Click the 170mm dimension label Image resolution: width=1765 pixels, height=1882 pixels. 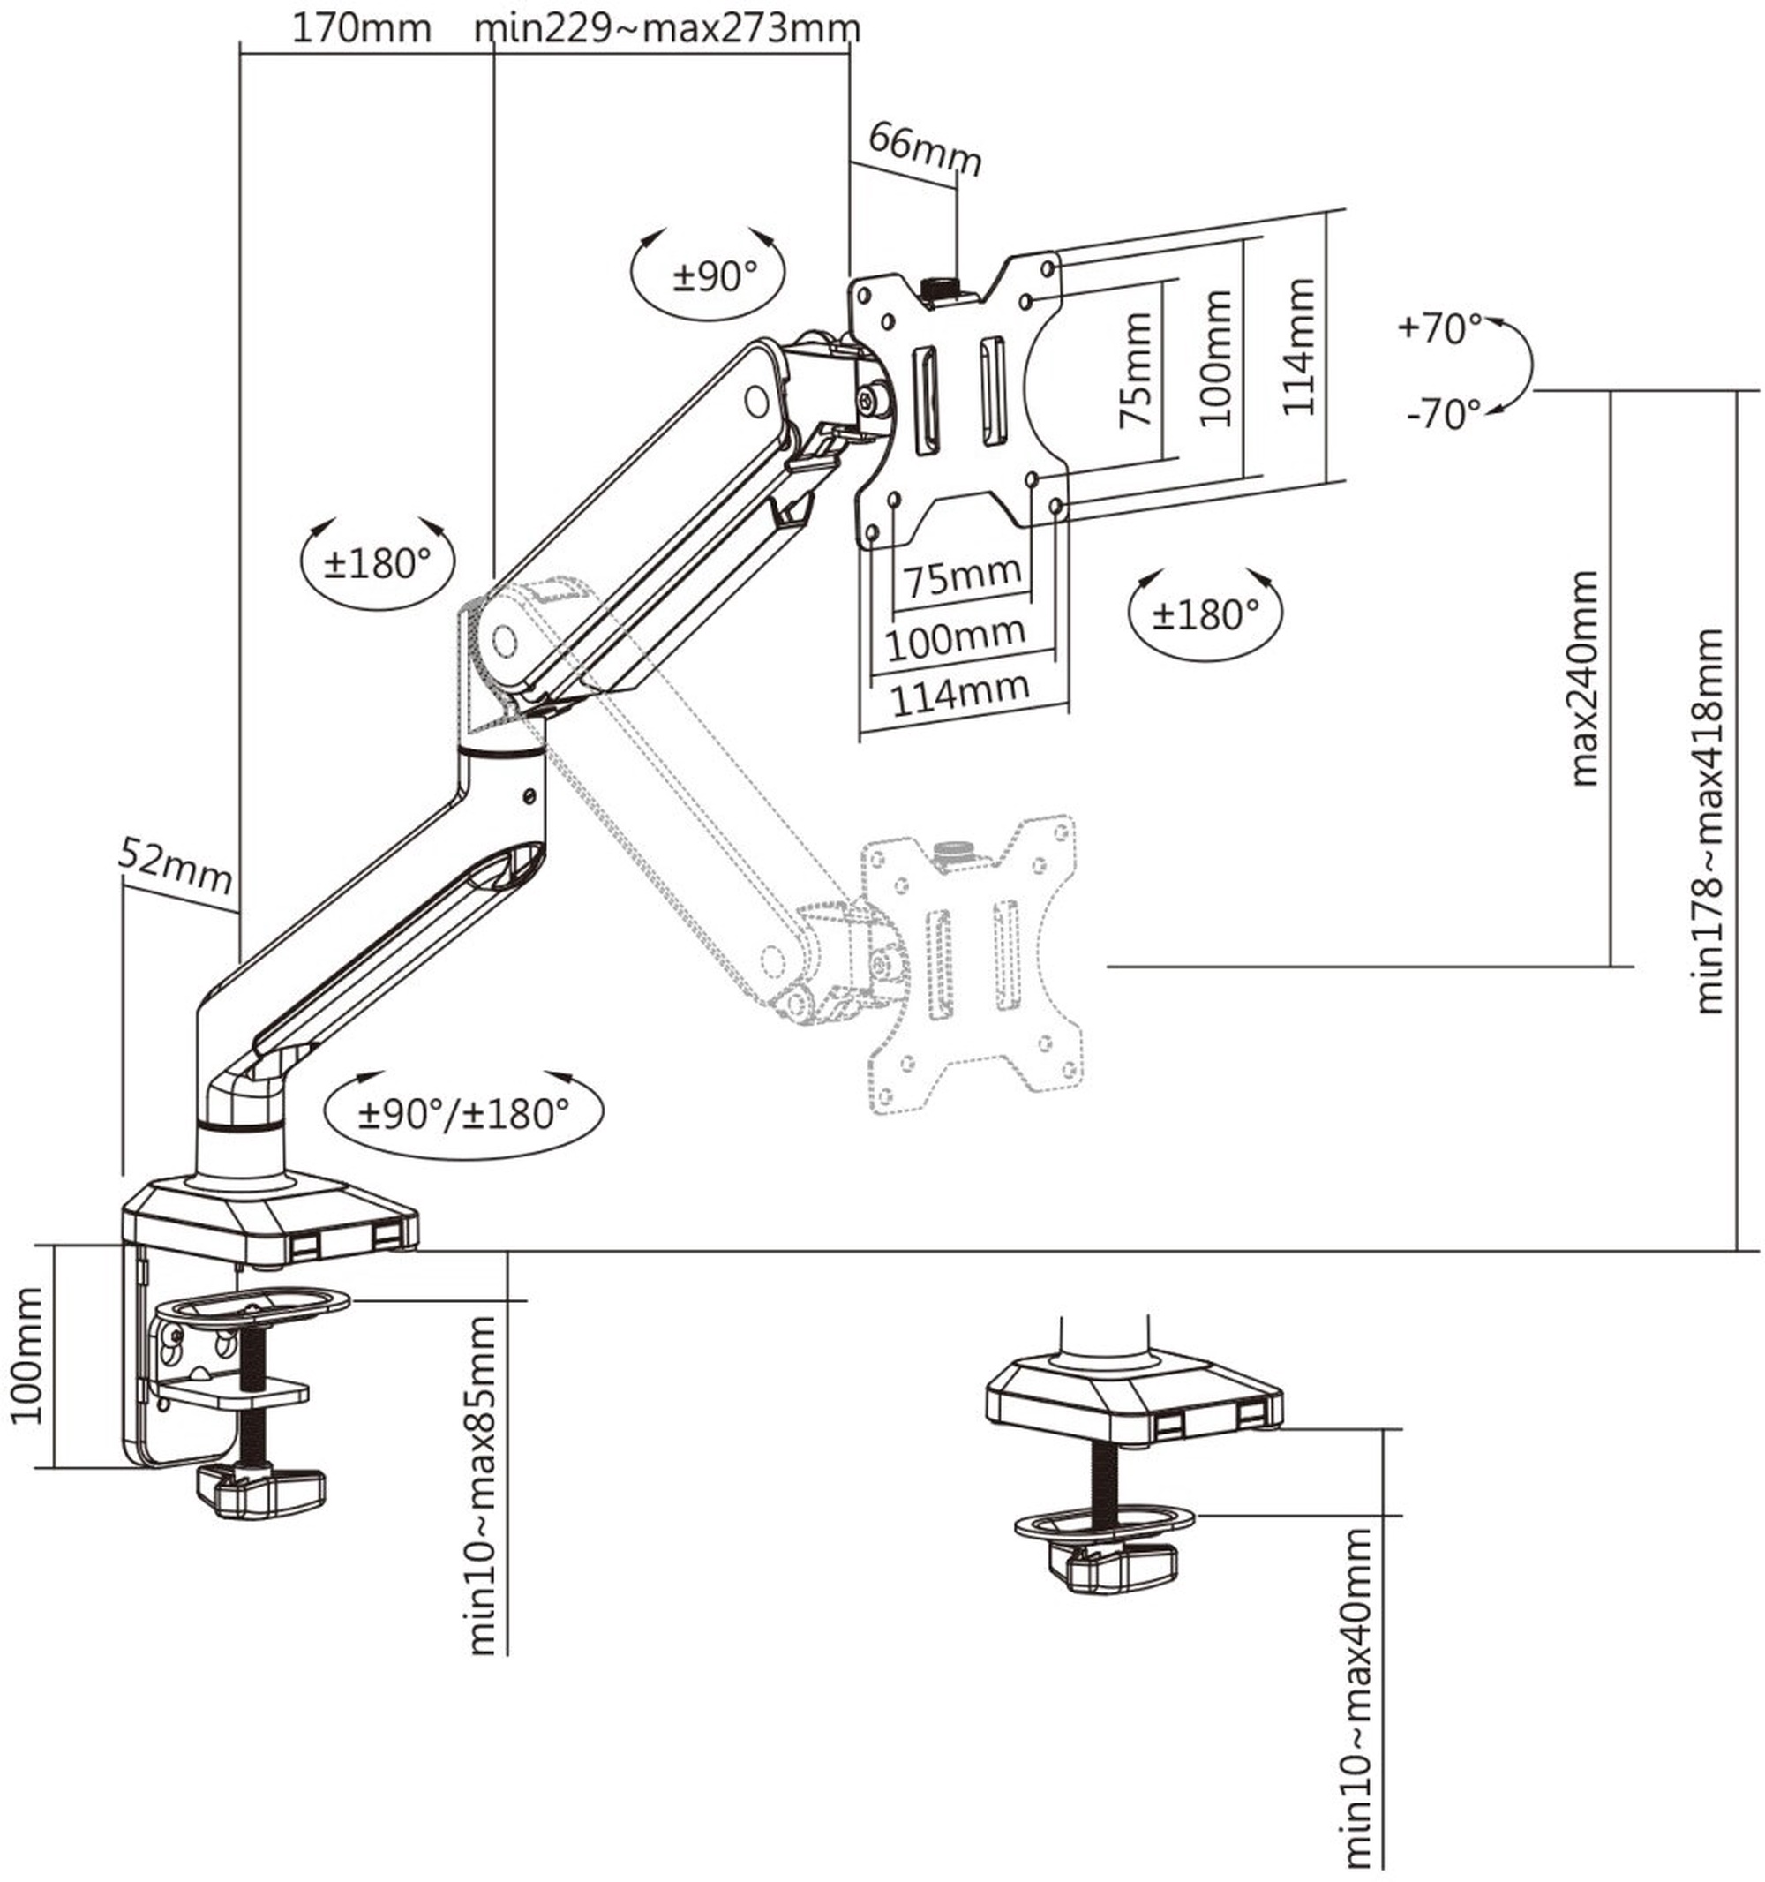point(361,28)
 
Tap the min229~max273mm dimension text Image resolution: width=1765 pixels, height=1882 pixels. point(667,28)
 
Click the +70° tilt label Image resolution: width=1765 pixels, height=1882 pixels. point(1439,328)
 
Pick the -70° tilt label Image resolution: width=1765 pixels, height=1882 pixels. point(1444,414)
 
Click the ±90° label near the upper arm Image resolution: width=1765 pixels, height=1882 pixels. point(716,275)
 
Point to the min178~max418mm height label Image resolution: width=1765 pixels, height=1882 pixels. point(1709,821)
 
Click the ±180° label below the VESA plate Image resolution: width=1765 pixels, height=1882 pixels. point(1205,614)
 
